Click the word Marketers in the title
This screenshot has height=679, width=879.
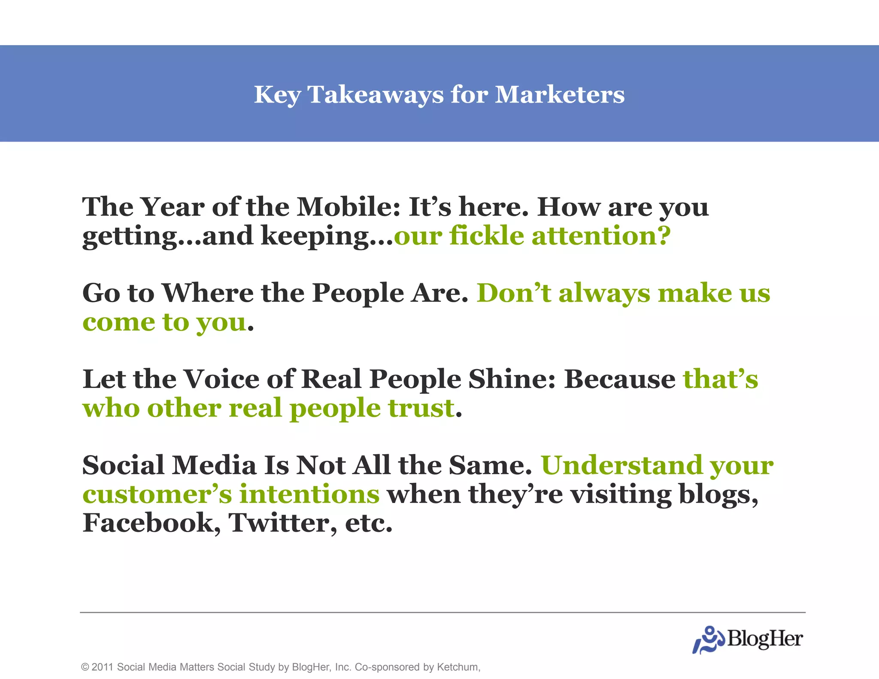[x=560, y=94]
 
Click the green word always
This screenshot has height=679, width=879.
[x=604, y=293]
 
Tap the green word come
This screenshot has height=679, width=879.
[x=118, y=322]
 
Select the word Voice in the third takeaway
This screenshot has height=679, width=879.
[x=221, y=379]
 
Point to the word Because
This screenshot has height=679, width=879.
[x=620, y=379]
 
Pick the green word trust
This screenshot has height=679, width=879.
[x=421, y=408]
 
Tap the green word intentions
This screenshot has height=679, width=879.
[x=309, y=494]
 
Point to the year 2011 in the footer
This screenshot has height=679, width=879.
[x=102, y=667]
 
